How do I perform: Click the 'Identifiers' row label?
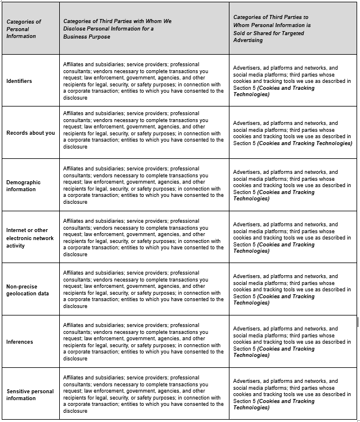coord(19,81)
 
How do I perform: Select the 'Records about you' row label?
coord(30,133)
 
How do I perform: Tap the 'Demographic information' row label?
coord(24,185)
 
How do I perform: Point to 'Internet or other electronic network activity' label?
coord(29,238)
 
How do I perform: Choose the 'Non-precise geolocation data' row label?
coord(27,290)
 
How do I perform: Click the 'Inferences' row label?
coord(20,342)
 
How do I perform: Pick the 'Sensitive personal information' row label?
coord(30,394)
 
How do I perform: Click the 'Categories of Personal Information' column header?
coord(24,29)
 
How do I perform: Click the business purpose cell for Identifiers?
coord(143,81)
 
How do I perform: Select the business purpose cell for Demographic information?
coord(143,185)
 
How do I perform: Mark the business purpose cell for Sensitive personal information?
coord(143,394)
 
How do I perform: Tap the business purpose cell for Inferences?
coord(143,342)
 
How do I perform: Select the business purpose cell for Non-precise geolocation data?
coord(143,290)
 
